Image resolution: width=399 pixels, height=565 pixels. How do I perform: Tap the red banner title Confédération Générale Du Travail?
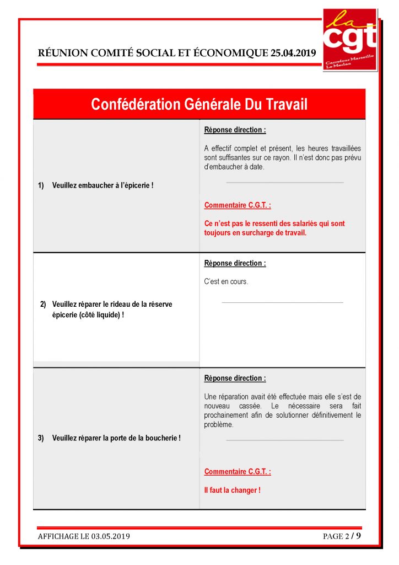[199, 104]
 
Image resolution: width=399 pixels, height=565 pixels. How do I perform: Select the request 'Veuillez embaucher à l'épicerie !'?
[103, 185]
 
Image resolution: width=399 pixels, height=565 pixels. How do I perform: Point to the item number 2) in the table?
[44, 304]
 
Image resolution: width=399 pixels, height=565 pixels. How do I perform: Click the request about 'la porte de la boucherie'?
[116, 438]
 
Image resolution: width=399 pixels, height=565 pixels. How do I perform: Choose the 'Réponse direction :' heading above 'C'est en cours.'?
[235, 263]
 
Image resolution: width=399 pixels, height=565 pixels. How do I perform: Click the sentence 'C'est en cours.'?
[226, 282]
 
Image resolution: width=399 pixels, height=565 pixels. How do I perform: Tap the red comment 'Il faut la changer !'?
[232, 490]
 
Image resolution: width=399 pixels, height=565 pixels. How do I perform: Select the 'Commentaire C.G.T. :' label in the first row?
[238, 205]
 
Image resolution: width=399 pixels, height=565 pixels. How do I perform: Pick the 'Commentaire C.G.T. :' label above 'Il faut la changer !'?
[238, 472]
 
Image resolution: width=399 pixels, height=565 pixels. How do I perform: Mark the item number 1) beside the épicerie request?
[41, 185]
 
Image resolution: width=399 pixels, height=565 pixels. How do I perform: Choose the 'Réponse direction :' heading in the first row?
[235, 130]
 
